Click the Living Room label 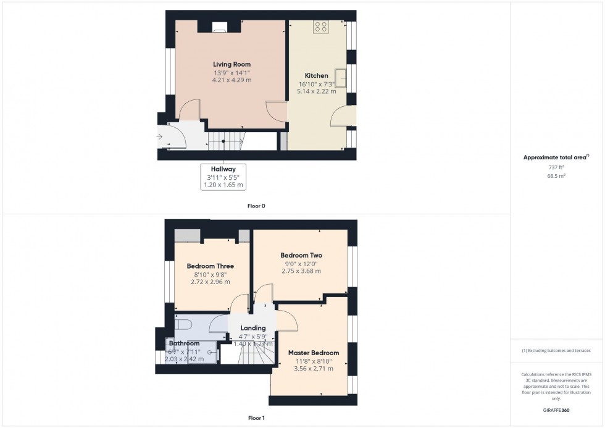tap(232, 64)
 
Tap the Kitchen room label tap(316, 76)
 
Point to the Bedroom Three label tap(210, 266)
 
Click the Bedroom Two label tap(301, 255)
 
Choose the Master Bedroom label tap(314, 353)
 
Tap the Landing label tap(253, 328)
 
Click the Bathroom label tap(184, 343)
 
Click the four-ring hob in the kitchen tap(321, 27)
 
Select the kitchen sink tap(341, 76)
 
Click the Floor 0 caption tap(256, 206)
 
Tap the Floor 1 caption tap(256, 418)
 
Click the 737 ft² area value tap(557, 167)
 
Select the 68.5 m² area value tap(557, 175)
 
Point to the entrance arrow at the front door tap(159, 136)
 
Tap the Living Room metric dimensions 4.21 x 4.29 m tap(232, 80)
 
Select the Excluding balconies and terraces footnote tap(556, 351)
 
